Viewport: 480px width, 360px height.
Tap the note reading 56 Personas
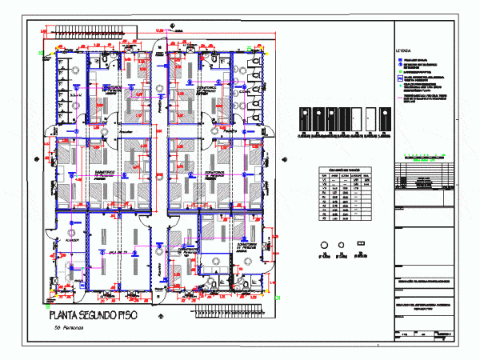70,329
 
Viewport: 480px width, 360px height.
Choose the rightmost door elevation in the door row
384,121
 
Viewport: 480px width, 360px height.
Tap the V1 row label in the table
324,184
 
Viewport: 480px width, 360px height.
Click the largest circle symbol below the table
324,245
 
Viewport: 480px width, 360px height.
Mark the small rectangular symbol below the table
361,243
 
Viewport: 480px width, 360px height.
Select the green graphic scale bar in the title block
420,154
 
